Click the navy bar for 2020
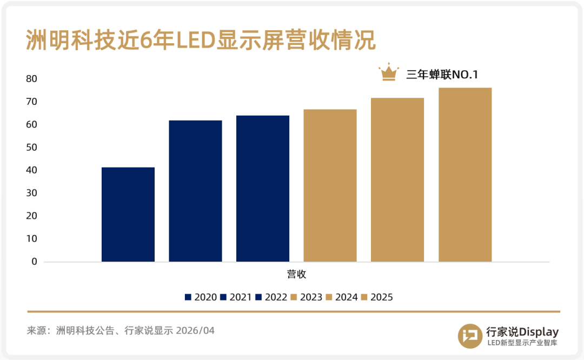pyautogui.click(x=128, y=215)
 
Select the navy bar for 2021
pyautogui.click(x=195, y=191)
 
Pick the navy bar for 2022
pyautogui.click(x=263, y=189)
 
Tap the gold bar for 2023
pyautogui.click(x=330, y=185)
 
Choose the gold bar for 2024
pyautogui.click(x=397, y=180)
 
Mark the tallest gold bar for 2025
pyautogui.click(x=465, y=175)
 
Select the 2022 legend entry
pyautogui.click(x=271, y=297)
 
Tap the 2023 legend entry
pyautogui.click(x=306, y=297)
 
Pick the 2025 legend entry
pyautogui.click(x=376, y=297)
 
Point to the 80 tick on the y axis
pyautogui.click(x=32, y=79)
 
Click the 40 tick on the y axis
pyautogui.click(x=32, y=170)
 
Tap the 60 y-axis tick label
pyautogui.click(x=32, y=125)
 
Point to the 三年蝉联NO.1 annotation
pyautogui.click(x=442, y=75)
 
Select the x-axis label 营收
pyautogui.click(x=296, y=274)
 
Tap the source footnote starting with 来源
pyautogui.click(x=121, y=330)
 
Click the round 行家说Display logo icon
pyautogui.click(x=469, y=336)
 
